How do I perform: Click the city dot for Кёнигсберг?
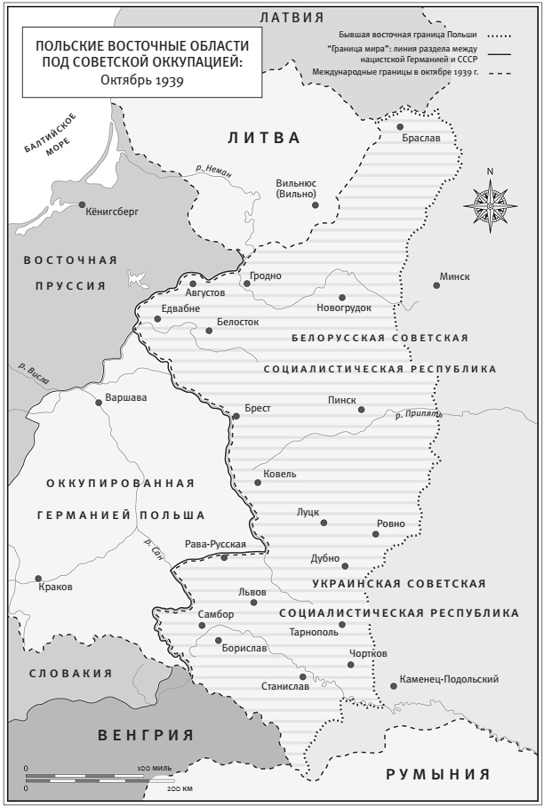(83, 204)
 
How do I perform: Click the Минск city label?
(454, 276)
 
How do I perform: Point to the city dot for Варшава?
(99, 402)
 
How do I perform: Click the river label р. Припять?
(418, 414)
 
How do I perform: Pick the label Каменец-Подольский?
(449, 679)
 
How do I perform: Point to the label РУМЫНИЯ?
(437, 774)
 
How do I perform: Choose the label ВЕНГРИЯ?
(146, 734)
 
